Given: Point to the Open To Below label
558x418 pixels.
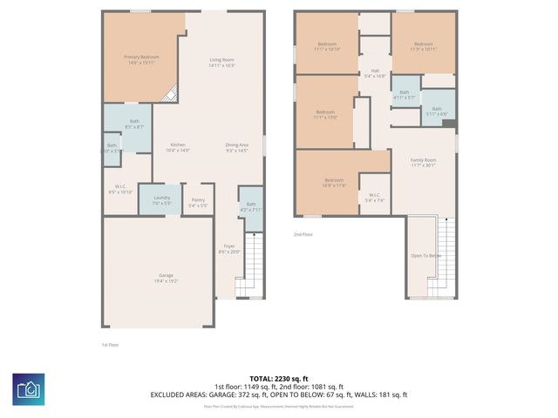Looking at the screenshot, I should [426, 255].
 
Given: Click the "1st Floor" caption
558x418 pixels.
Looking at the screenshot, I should [112, 345].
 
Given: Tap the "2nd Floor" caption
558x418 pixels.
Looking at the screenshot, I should [302, 233].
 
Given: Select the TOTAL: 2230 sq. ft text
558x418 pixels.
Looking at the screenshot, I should [278, 379].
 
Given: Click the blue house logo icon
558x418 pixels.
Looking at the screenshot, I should [29, 388].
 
